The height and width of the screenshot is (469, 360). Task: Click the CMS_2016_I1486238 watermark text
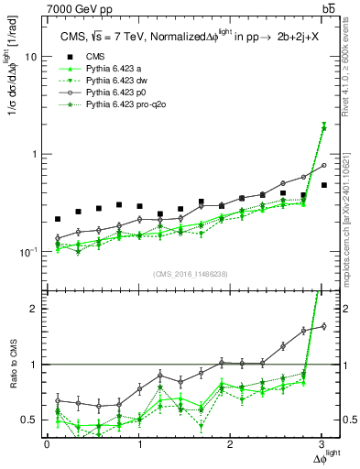(x=190, y=274)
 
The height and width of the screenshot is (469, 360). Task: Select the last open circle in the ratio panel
(x=322, y=326)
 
